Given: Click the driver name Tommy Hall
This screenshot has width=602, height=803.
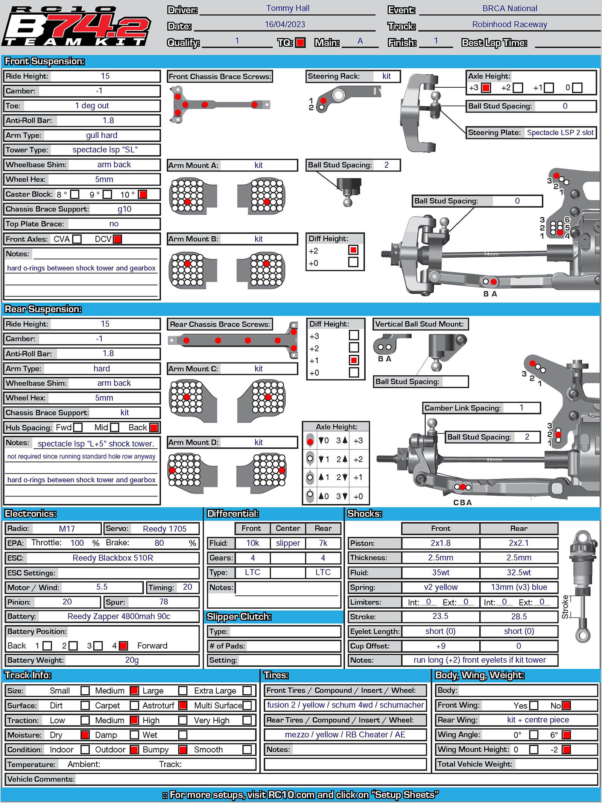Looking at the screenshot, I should coord(288,8).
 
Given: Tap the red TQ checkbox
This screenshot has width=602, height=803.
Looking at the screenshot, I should coord(300,43).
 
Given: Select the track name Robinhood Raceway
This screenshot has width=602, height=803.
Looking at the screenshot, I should coord(509,24).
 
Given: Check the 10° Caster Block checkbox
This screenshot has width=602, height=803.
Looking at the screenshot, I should coord(143,194).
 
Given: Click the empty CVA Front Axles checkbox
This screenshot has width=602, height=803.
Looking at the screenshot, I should coord(77,239).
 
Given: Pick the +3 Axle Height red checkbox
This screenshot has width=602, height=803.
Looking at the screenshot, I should coord(486,88).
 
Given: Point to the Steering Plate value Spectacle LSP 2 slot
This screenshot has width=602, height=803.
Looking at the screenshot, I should coord(560,132).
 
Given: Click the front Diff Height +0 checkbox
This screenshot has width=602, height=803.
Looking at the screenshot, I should coord(353,262).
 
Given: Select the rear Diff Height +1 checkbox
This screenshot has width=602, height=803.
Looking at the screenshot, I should coord(354,360).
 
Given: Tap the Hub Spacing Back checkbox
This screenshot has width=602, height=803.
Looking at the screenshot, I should coord(154,428).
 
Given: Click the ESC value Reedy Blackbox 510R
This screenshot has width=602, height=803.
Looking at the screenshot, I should coord(113,558).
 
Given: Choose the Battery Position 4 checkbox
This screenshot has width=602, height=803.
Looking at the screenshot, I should coord(123,646).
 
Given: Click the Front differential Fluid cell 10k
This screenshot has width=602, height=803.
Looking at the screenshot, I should coord(252,543).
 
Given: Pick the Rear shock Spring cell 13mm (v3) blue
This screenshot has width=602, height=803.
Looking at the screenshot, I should coord(519,587).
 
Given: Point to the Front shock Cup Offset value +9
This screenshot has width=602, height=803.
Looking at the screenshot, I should coord(441,646).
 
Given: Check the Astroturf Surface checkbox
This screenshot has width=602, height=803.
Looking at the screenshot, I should coord(183,706).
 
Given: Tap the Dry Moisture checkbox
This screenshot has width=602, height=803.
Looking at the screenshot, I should coord(85,735).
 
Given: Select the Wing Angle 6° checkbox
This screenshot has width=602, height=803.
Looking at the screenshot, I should coord(566,735).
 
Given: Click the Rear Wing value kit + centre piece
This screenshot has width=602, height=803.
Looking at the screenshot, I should coord(538,720).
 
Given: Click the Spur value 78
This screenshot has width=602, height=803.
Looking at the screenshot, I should coord(164,602).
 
